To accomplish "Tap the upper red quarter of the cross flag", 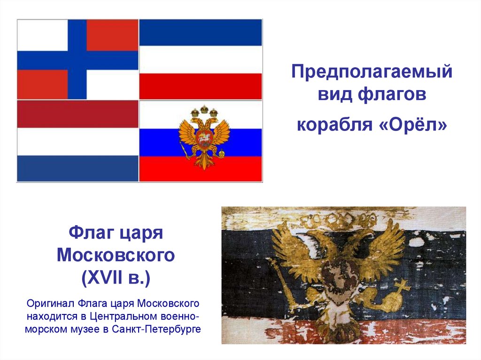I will (112, 35).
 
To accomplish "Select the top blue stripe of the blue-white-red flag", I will (201, 32).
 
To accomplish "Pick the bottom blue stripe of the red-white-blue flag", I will (78, 168).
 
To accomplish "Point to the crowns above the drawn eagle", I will (204, 111).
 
